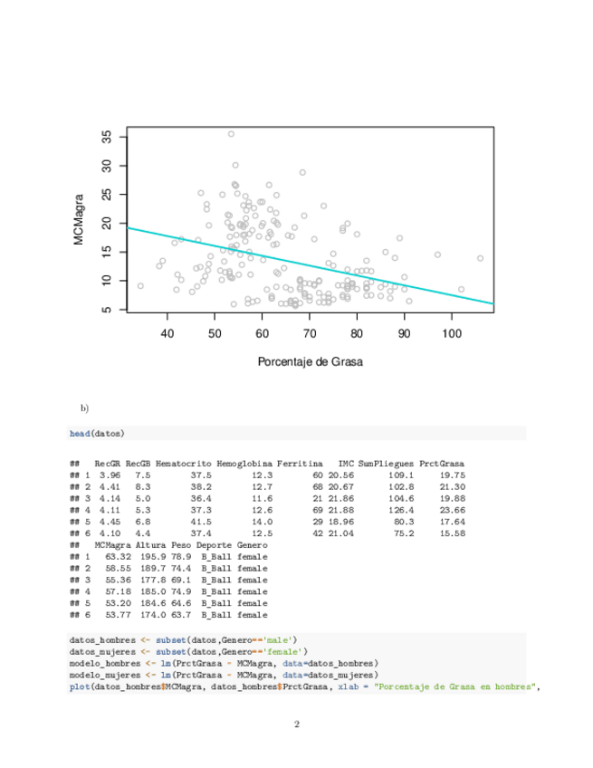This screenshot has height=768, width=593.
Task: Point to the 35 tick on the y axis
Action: point(125,137)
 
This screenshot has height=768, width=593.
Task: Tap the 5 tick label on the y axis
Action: point(108,310)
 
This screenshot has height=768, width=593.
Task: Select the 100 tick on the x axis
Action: point(452,316)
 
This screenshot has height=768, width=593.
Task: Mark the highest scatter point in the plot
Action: point(231,134)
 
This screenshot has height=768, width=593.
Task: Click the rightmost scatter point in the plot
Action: point(480,258)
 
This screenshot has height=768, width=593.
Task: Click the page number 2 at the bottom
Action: point(296,725)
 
